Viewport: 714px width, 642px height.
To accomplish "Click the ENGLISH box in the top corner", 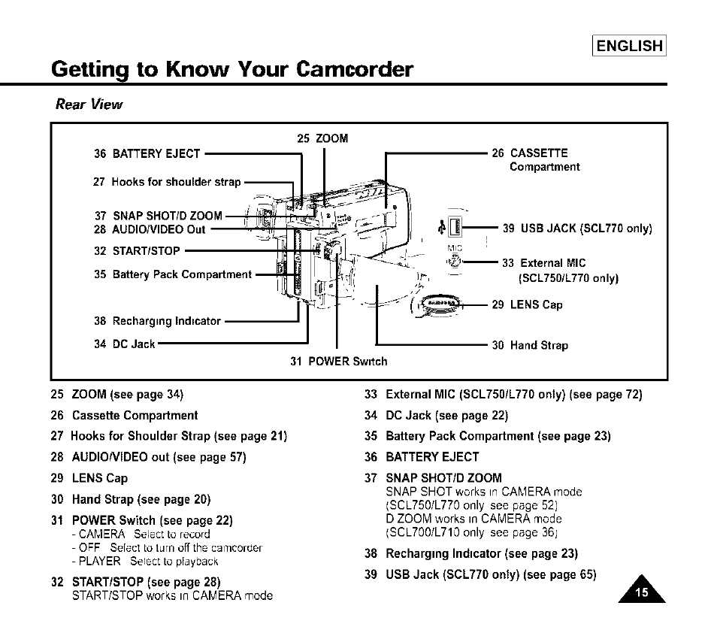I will (x=629, y=46).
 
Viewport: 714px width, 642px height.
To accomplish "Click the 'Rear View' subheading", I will (x=89, y=104).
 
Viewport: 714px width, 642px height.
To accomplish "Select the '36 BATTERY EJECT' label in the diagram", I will (x=147, y=154).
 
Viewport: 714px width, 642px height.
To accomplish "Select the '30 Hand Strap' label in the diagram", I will (x=530, y=346).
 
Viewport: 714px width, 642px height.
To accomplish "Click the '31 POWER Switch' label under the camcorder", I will (x=339, y=362).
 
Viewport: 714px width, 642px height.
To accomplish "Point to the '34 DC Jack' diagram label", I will (x=125, y=344).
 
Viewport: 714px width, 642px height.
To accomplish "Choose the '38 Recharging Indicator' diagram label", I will (x=158, y=321).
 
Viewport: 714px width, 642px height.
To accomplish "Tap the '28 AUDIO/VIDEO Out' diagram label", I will (x=150, y=229).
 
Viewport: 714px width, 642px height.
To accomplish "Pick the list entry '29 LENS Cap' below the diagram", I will (x=89, y=478).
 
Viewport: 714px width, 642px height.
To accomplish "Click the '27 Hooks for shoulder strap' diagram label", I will (x=168, y=182).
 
